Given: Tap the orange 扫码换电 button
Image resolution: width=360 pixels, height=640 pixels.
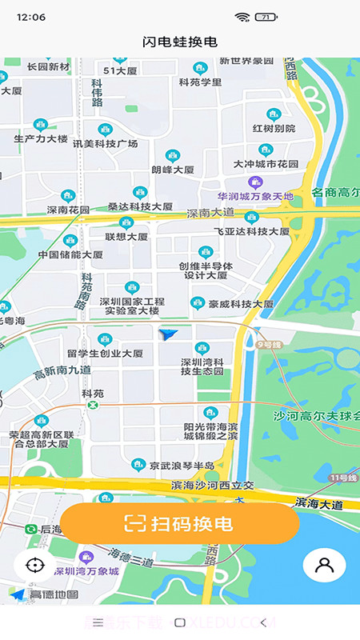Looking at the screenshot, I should coord(179,524).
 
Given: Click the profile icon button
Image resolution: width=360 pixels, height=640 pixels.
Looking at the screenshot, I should coord(324,565).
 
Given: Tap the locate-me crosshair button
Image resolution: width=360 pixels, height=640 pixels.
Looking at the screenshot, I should coord(34,565).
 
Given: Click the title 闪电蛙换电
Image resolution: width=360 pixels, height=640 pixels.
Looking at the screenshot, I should coord(180,42).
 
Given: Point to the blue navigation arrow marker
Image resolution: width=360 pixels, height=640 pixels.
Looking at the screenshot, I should coord(168,335).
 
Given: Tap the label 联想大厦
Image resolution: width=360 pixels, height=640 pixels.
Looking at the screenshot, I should coord(126,237).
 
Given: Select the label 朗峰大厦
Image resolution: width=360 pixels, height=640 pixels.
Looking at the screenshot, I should coord(173,170).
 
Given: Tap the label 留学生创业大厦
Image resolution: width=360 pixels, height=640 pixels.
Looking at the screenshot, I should coord(105,353).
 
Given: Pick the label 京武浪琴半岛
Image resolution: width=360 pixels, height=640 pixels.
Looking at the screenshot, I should coord(183,466).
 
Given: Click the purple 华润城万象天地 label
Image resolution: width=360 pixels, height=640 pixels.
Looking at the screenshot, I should coord(255,196).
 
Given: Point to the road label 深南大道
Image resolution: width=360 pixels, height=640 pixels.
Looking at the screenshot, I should coord(210,214).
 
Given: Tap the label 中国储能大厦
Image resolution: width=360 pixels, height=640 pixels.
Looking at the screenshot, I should coord(70,254).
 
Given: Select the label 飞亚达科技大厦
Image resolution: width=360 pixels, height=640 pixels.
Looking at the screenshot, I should coord(251,230).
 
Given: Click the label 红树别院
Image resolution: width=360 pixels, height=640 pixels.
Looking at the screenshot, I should coord(274,128).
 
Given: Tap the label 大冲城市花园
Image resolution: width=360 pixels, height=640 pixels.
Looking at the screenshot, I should coord(266,164).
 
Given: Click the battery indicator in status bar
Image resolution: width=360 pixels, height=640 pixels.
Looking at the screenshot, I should coord(265,17).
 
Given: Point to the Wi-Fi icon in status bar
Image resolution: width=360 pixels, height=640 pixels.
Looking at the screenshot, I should coord(242,17).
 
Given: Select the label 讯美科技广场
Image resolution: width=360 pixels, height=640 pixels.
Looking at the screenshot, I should coord(105,143).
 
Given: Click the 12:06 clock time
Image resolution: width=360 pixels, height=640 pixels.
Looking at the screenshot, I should coord(30,17).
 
